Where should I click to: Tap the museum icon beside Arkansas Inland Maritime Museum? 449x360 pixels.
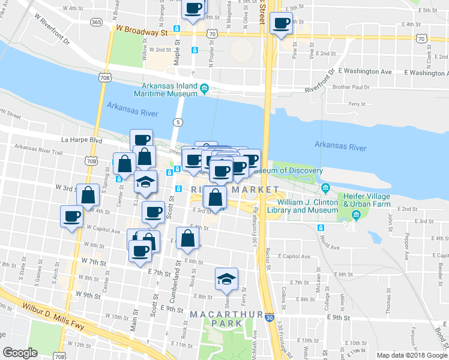tap(204, 89)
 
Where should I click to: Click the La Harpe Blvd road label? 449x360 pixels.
tap(83, 140)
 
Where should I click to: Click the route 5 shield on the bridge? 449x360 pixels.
tap(178, 122)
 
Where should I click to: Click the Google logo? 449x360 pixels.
tap(20, 353)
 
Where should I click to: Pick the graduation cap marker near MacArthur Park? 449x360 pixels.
tap(226, 278)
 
